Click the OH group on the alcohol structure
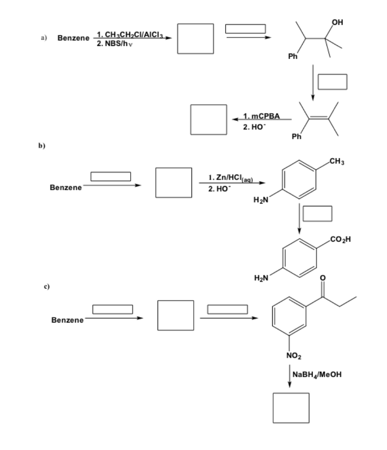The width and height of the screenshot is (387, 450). tap(337, 22)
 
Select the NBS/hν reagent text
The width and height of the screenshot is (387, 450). tap(115, 44)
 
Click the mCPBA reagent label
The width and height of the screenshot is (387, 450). tap(261, 116)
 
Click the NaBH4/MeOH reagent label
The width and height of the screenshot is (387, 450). tap(317, 374)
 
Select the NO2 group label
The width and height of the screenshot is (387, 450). tap(294, 356)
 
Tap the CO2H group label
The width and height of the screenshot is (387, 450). tap(340, 240)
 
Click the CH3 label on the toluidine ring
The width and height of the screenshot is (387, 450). tap(337, 161)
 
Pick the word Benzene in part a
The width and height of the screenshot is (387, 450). tap(73, 38)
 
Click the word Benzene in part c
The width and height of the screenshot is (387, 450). tap(67, 320)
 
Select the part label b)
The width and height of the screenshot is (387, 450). tap(42, 145)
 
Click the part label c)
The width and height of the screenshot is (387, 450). tap(47, 287)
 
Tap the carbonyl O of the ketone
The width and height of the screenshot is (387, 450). tap(322, 278)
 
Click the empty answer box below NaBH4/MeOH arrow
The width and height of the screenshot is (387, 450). tap(291, 408)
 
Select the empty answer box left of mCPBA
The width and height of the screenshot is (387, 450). tap(208, 120)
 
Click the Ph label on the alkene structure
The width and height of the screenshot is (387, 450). tap(297, 136)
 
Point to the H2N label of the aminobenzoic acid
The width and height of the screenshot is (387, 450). tap(261, 278)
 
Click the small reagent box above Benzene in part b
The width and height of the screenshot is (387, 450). tap(111, 177)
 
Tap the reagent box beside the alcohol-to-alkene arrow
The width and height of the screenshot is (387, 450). tap(332, 82)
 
